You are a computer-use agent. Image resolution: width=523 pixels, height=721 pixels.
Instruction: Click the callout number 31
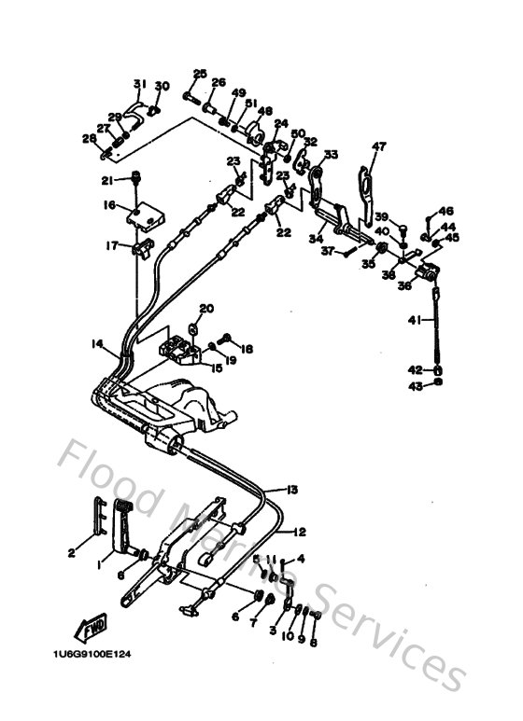[139, 84]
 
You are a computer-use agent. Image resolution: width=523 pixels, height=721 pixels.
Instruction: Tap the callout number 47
[378, 146]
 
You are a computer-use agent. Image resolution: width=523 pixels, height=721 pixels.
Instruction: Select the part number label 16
[109, 205]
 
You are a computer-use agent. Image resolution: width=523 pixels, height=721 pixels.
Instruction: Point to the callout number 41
[414, 321]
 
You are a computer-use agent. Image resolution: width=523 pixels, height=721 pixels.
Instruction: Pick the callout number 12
[300, 533]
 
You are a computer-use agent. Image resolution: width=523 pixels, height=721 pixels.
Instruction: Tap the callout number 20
[206, 309]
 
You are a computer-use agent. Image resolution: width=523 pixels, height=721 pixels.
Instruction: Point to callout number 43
[415, 385]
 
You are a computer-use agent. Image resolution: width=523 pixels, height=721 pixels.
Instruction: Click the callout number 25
[200, 74]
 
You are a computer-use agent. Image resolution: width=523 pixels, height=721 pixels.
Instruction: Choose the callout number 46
[446, 212]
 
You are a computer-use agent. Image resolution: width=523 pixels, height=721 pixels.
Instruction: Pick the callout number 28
[89, 139]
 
